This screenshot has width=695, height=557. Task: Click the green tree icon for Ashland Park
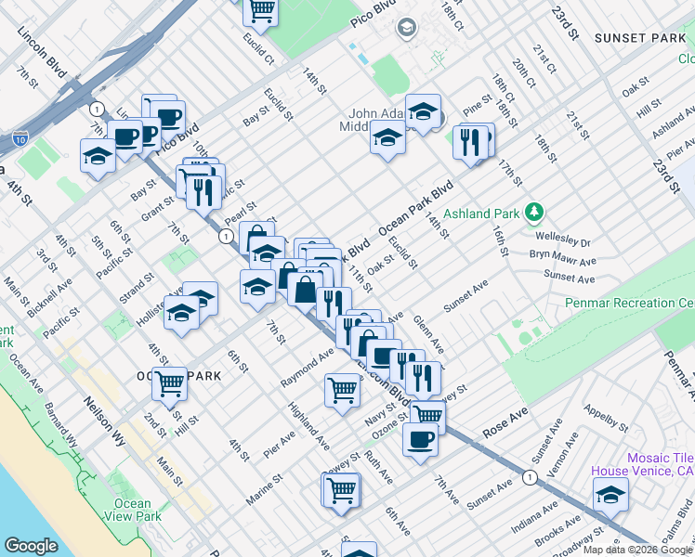point(533,214)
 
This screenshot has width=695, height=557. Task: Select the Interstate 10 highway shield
point(20,140)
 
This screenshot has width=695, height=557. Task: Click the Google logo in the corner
point(31,546)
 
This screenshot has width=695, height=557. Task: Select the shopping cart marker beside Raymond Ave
point(342,390)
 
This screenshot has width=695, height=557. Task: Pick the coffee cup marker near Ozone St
point(420,438)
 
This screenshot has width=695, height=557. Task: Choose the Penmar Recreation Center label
point(629,304)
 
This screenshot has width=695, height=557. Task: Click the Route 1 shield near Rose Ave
point(530,477)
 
